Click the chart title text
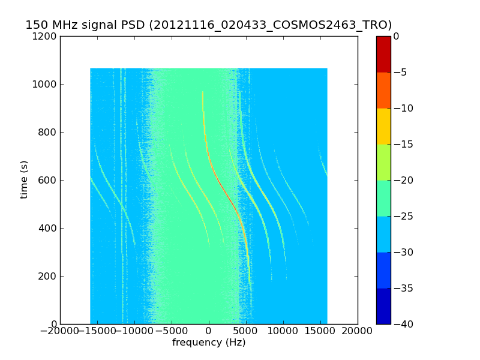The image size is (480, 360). click(208, 25)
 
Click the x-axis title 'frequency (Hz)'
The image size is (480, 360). click(209, 343)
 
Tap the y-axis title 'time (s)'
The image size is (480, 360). click(25, 179)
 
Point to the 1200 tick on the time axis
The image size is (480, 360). click(46, 37)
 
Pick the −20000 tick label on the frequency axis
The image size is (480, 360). click(60, 331)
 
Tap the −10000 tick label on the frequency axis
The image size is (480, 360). click(134, 331)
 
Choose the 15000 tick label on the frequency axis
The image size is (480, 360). click(320, 331)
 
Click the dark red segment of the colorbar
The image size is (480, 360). click(383, 54)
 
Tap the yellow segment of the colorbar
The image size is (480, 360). click(383, 126)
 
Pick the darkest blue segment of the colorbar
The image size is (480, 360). click(383, 306)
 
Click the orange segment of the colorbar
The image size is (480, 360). click(383, 90)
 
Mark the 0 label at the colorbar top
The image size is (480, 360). click(397, 37)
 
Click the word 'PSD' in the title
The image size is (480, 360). click(134, 25)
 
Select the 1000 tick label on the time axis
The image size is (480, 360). click(46, 85)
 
